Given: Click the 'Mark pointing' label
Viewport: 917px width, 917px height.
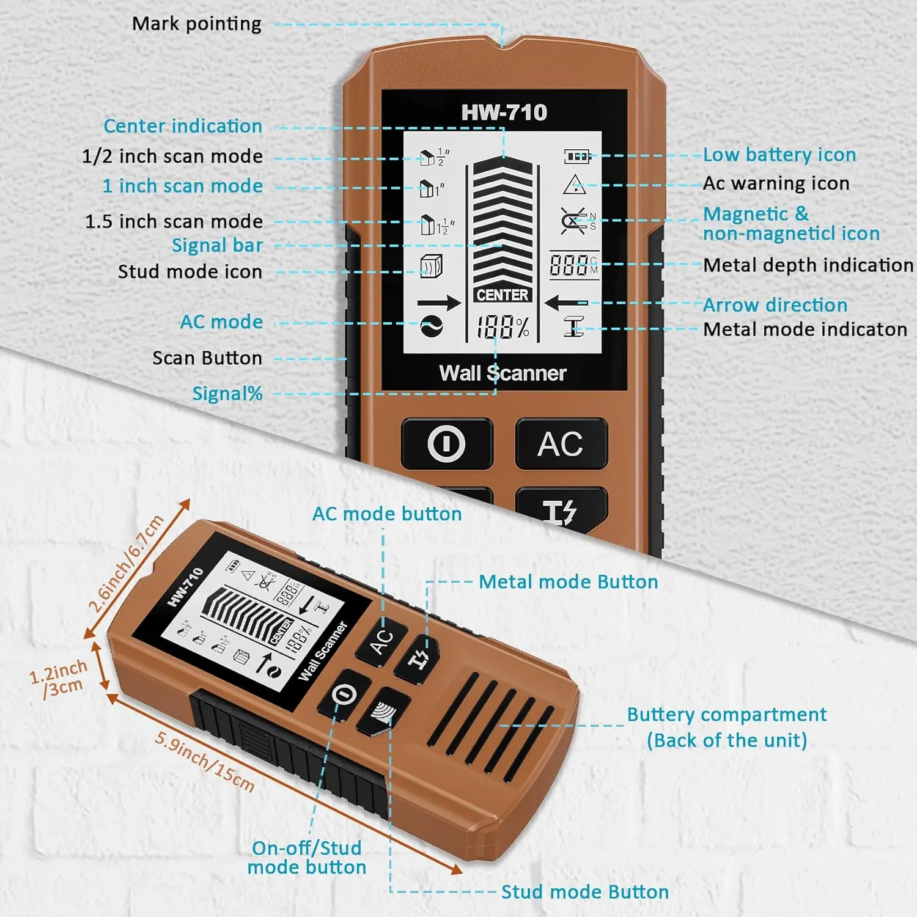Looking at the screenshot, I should coord(196,24).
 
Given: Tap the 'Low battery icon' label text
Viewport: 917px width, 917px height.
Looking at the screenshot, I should coord(779,155).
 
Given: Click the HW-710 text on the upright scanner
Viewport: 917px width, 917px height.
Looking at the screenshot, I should coord(504,112).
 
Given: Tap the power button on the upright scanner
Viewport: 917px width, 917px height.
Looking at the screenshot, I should coord(446,443).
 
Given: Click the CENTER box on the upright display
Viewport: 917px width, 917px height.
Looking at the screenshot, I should coord(502,295).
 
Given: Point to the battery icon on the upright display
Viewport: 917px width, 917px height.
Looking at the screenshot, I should coord(576,157).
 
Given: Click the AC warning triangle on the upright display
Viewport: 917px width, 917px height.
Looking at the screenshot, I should coord(575,184).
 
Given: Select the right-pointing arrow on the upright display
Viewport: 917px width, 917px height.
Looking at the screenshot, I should coord(438,303).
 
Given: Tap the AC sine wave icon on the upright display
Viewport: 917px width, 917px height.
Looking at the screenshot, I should coord(432,326).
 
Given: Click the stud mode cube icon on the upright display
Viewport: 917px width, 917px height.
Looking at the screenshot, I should coord(432,267).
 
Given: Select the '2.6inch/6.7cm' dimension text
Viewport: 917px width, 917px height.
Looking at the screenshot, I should coord(127,564).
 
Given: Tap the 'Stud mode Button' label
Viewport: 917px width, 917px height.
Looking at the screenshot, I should coord(584,892).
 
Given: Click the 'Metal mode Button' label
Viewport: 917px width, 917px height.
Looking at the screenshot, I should coord(568,582).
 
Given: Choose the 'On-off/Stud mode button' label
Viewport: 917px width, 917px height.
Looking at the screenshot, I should coord(307,857).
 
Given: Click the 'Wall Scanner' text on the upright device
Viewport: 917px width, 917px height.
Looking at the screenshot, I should coord(503,373).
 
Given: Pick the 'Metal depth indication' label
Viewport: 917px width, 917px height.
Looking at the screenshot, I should coord(808,265).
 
